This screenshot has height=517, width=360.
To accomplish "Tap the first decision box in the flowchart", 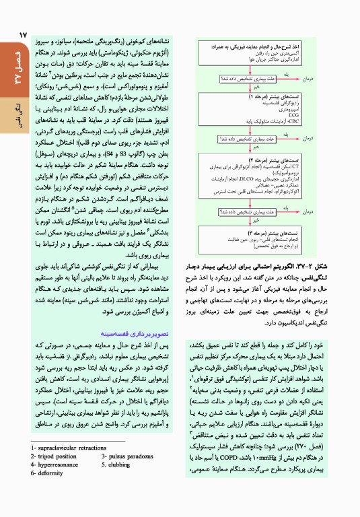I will pos(256,79).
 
